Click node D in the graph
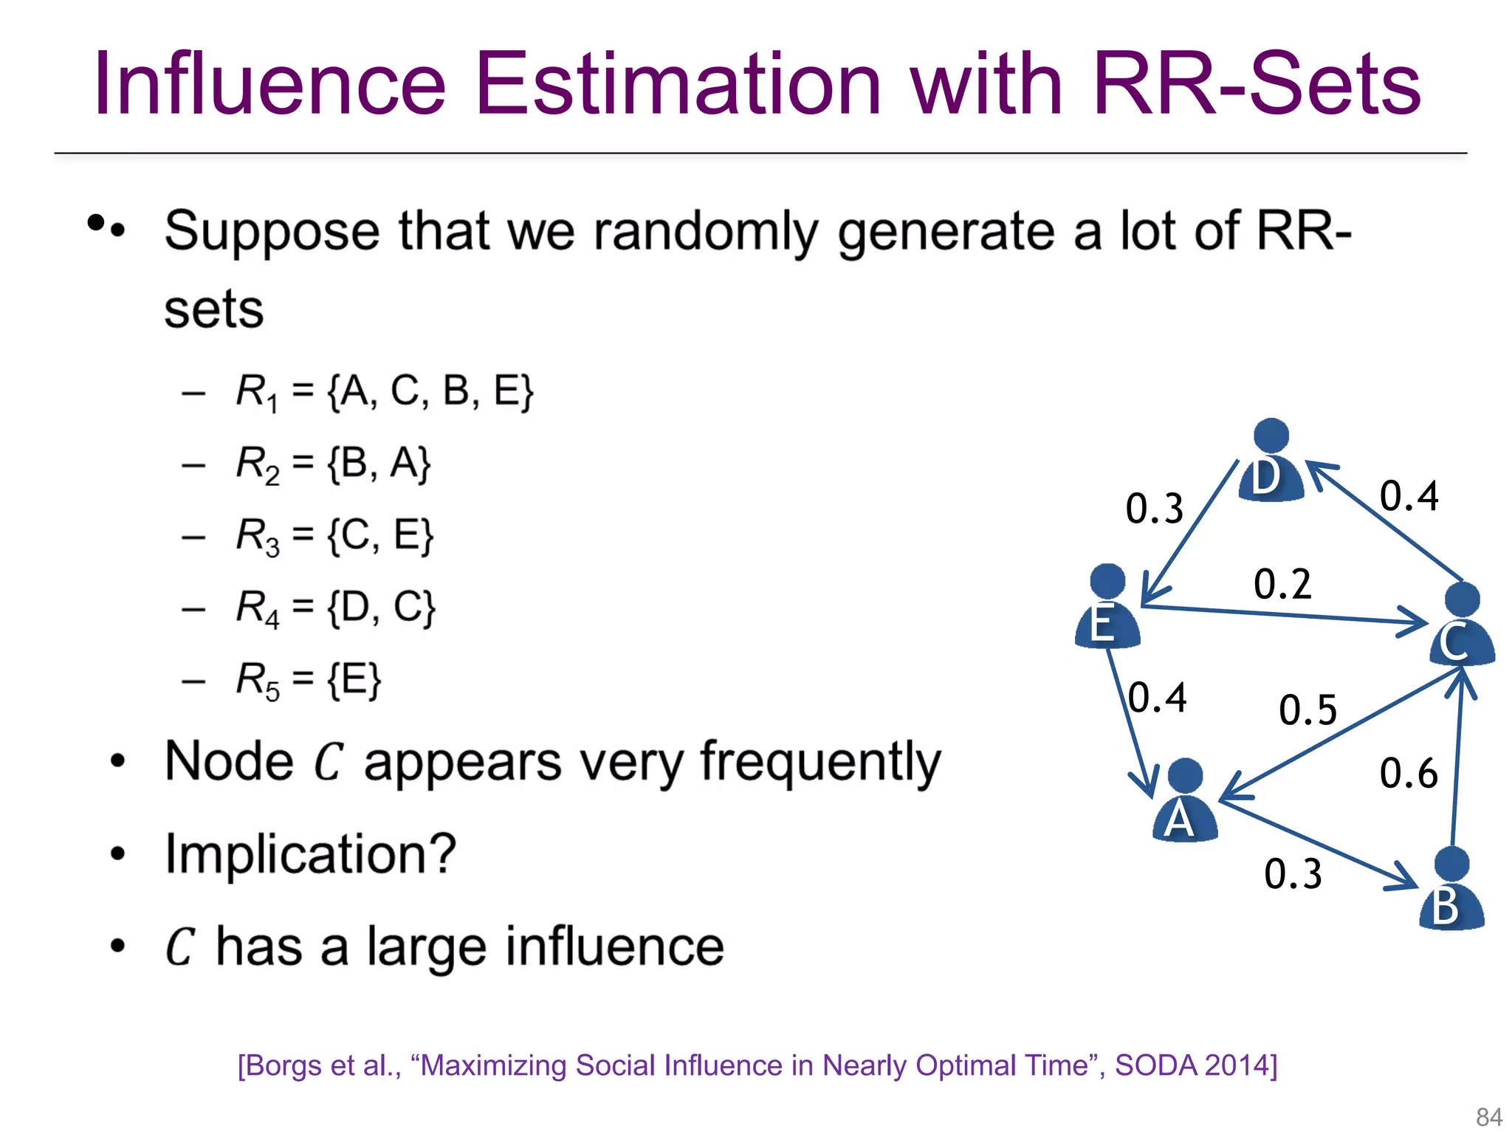pyautogui.click(x=1271, y=461)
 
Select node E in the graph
pyautogui.click(x=1107, y=607)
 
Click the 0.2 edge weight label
pyautogui.click(x=1282, y=584)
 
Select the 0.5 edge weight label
pyautogui.click(x=1307, y=710)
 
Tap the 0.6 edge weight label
pyautogui.click(x=1408, y=774)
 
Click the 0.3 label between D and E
pyautogui.click(x=1154, y=509)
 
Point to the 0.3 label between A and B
pyautogui.click(x=1293, y=874)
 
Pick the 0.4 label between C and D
pyautogui.click(x=1409, y=495)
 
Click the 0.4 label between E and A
pyautogui.click(x=1157, y=698)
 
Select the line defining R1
pyautogui.click(x=384, y=391)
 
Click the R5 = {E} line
pyautogui.click(x=308, y=680)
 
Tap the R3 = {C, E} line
pyautogui.click(x=334, y=535)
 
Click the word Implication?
pyautogui.click(x=310, y=854)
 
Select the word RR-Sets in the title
pyautogui.click(x=1256, y=83)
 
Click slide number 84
pyautogui.click(x=1488, y=1116)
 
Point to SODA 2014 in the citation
pyautogui.click(x=1195, y=1065)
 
